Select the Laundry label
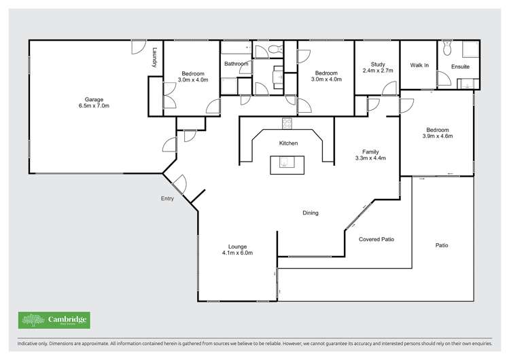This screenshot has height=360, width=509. pos(155,57)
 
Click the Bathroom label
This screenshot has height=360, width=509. pos(236,64)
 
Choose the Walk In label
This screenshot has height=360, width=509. pos(419,66)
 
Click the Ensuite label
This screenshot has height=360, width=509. pos(460,67)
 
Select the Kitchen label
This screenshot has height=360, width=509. pos(289,143)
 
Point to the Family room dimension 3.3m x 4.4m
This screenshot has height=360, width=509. pos(370,158)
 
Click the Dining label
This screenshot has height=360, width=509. pos(311,213)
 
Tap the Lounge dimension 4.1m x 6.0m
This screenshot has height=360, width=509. pos(237,253)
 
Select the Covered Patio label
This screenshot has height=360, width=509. pos(376,239)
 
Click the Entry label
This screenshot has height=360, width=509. pos(167,199)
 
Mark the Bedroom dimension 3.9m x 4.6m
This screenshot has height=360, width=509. pos(438,137)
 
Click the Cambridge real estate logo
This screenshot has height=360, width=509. pos(54,320)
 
